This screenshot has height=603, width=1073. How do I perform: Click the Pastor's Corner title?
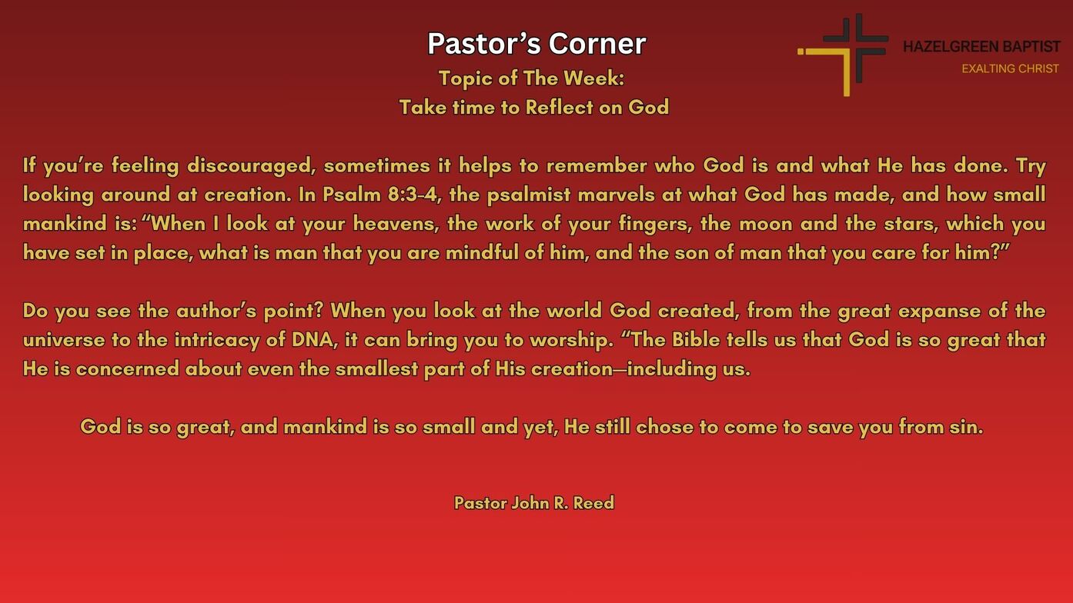(536, 44)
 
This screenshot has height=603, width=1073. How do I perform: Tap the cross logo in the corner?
(844, 53)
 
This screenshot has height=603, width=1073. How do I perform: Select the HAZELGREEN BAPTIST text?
(981, 47)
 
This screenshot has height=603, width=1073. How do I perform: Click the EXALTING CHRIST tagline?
(1010, 69)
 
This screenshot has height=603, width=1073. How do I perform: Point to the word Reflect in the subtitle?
(559, 107)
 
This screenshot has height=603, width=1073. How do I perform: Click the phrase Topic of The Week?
(531, 78)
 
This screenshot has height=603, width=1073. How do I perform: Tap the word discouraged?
(250, 166)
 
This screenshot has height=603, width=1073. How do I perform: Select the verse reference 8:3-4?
(413, 195)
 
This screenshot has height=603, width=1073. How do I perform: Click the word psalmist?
(529, 195)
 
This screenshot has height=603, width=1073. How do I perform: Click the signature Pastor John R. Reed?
(534, 503)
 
